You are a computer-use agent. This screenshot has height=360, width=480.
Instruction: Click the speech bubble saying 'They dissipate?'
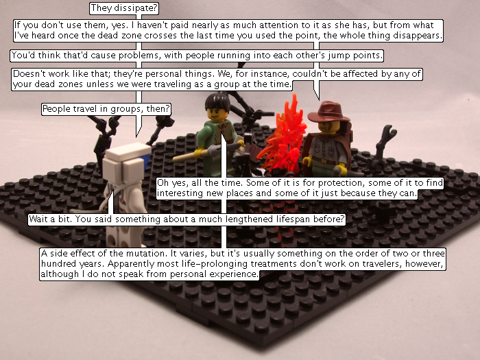(x=124, y=8)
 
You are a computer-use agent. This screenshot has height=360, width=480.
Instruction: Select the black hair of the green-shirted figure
(x=217, y=101)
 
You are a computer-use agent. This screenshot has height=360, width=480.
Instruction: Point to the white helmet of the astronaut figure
(x=125, y=164)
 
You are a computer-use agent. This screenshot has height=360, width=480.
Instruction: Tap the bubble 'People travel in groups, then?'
(x=106, y=109)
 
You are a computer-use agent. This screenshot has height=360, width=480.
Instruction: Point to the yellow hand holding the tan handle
(x=200, y=152)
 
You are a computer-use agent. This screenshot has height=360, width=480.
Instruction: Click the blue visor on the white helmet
(x=146, y=160)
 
